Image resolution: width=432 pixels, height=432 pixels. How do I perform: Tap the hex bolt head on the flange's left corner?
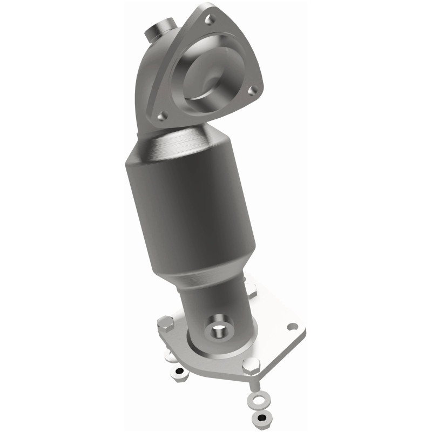tap(164, 326)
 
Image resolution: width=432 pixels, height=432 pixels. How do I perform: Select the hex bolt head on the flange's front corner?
tap(249, 366)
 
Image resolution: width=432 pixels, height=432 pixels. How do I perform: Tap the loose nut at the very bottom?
tap(261, 418)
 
